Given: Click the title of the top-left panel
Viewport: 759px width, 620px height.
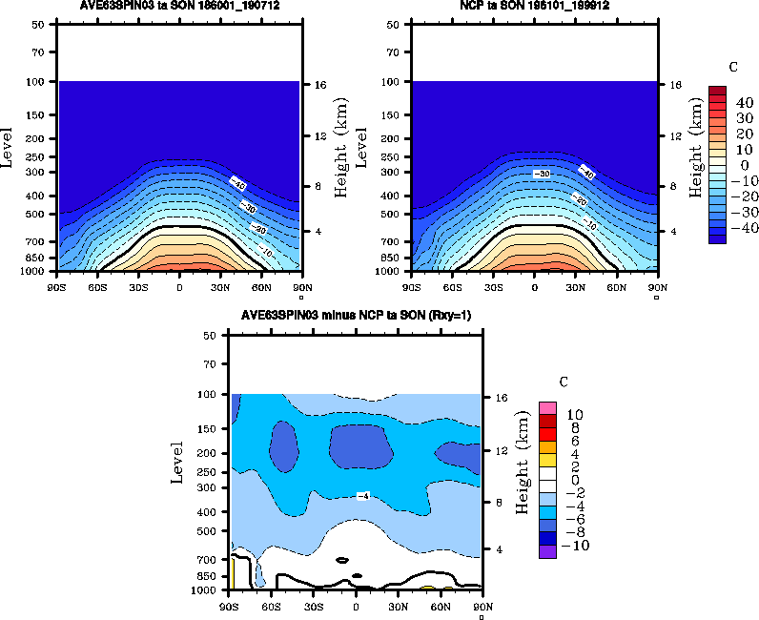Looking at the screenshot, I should [x=179, y=6].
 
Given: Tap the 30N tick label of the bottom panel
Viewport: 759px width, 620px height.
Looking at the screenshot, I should [x=398, y=605].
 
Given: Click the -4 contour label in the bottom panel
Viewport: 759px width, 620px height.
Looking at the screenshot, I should [x=362, y=495].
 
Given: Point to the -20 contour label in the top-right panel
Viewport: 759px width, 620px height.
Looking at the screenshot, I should [x=578, y=199].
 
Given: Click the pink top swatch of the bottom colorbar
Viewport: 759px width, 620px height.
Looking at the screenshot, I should [x=547, y=407].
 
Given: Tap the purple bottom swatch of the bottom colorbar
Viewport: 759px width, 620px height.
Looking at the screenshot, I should [x=547, y=551].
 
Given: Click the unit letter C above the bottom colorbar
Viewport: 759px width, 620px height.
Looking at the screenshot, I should [x=564, y=382].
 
